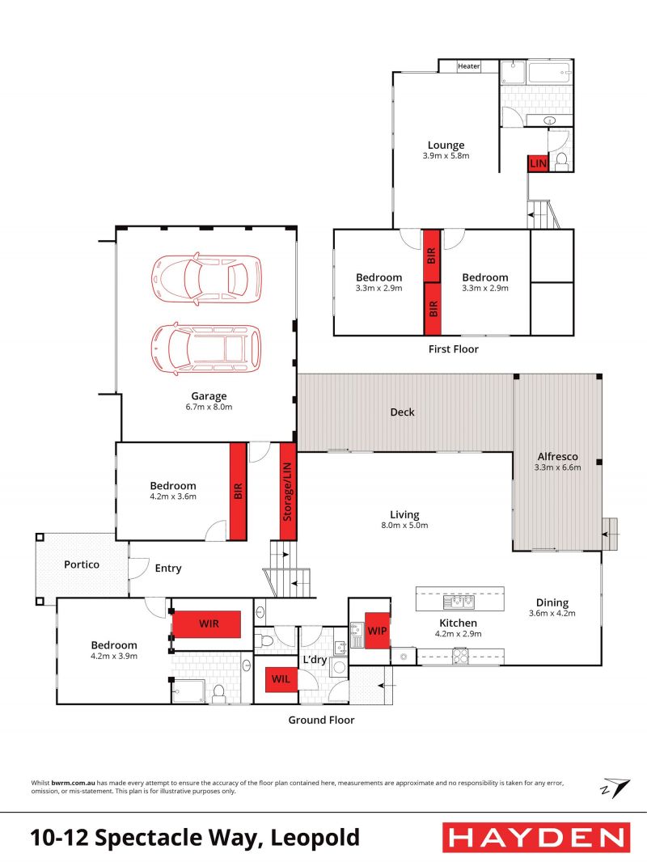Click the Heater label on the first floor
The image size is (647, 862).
coord(469,66)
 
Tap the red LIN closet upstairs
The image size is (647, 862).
coord(538,163)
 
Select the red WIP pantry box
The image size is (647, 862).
coord(377,631)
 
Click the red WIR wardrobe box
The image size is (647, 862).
coord(207,624)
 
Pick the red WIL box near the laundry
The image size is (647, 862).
coord(281,679)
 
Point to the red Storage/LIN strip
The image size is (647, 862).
coord(287,492)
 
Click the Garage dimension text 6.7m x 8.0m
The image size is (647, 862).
coord(209,408)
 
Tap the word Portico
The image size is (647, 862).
coord(82,564)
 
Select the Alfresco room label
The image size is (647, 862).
coord(557,456)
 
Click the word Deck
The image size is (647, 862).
coord(403,412)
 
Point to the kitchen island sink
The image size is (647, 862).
coord(459,602)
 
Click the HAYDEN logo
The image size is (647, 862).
coord(536,838)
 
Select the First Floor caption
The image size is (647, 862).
coord(454,349)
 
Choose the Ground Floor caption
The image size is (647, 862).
coord(322,720)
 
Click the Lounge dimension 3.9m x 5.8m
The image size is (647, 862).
coord(446,156)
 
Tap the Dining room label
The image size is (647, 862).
coord(552,603)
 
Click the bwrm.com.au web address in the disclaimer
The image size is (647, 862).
coord(73,783)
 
